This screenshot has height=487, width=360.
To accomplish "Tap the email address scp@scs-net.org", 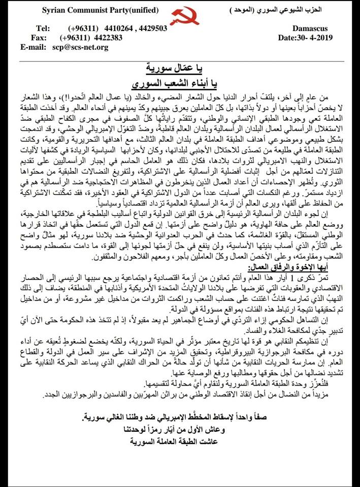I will point(79,47).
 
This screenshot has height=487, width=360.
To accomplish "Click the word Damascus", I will point(310,29).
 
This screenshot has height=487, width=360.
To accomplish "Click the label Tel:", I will point(44,28).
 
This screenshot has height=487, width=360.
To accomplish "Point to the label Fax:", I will point(41,38).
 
